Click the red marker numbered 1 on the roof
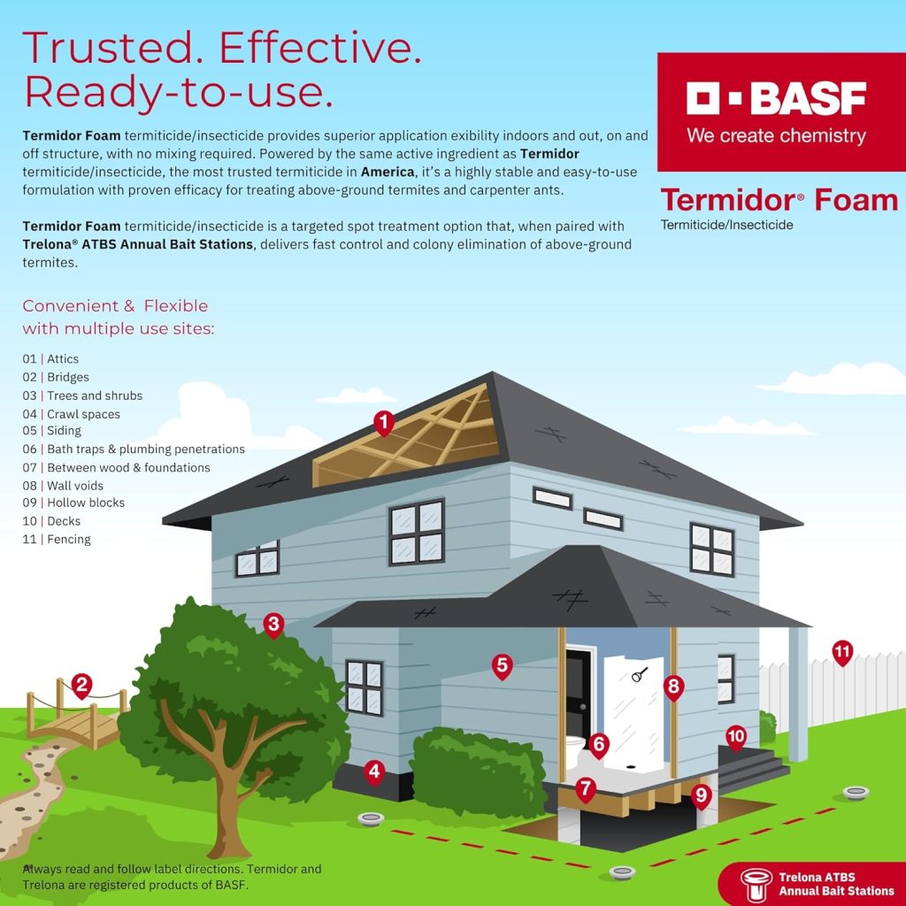pos(383,422)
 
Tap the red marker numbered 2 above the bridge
pos(81,683)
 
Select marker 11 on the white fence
pos(841,654)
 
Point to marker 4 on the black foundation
pos(374,772)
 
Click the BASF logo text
pos(776,98)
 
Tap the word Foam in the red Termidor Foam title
pos(856,200)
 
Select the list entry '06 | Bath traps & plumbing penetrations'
pos(134,449)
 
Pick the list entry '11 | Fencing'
pos(57,539)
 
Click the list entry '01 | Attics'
pos(50,359)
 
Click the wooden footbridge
pos(75,720)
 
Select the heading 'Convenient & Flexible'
pos(115,306)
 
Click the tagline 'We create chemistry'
pos(776,136)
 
